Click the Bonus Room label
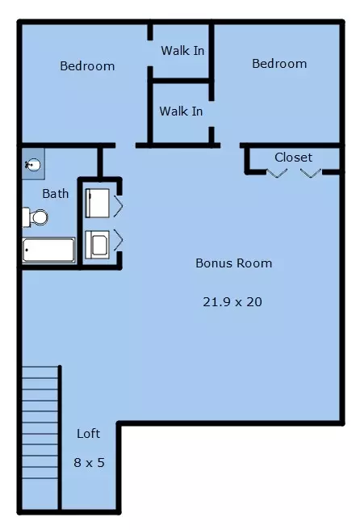(234, 263)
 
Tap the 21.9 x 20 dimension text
(232, 301)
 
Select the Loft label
(88, 433)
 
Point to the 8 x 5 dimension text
(89, 462)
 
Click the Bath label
(56, 194)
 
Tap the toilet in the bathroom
(36, 217)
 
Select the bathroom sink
(33, 165)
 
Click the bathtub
(48, 250)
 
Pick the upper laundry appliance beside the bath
(97, 203)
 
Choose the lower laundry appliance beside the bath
(97, 244)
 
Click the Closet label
(293, 158)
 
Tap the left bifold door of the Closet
(277, 173)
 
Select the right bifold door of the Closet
(311, 173)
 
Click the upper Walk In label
(182, 51)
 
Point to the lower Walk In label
(181, 111)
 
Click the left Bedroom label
(87, 66)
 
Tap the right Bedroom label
(279, 64)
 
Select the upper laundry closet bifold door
(118, 205)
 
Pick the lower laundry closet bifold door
(118, 240)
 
